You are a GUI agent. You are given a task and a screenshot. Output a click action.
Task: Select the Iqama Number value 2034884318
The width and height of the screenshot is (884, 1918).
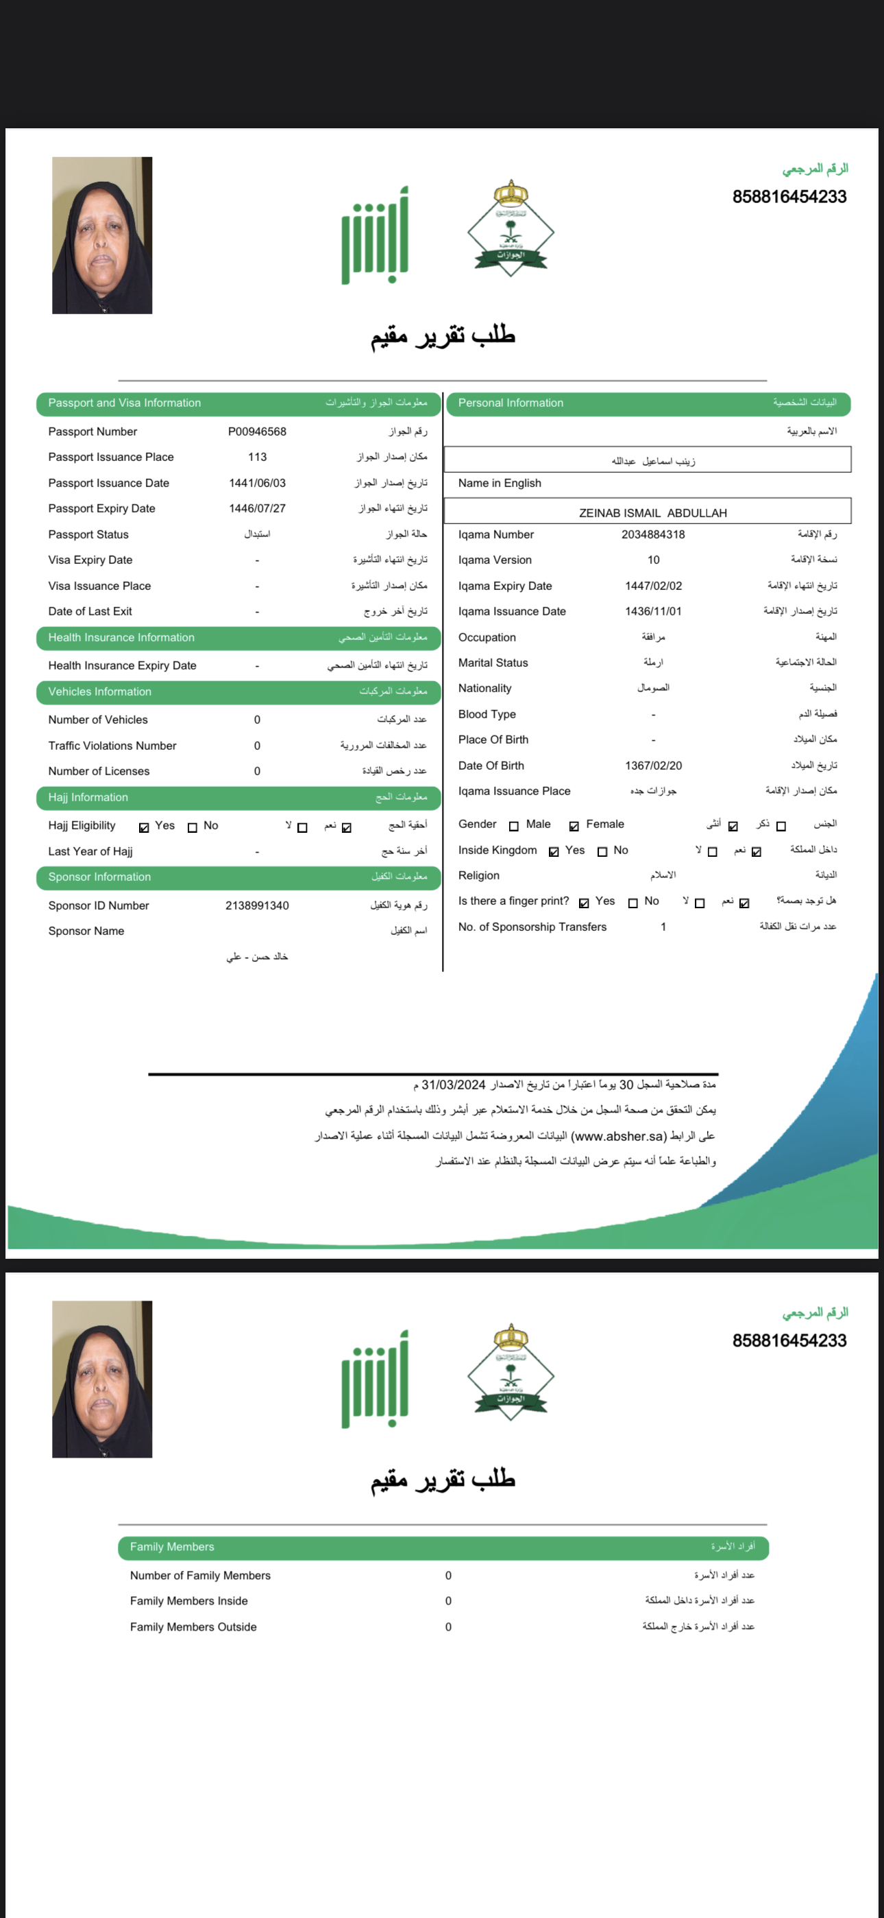[x=652, y=534]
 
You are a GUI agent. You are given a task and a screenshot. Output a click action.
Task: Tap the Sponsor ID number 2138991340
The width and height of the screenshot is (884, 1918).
[x=257, y=905]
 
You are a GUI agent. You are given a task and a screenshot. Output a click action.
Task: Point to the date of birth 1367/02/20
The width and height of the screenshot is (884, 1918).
[x=652, y=766]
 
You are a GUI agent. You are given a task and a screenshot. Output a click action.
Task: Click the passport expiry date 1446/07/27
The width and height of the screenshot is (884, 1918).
[x=257, y=508]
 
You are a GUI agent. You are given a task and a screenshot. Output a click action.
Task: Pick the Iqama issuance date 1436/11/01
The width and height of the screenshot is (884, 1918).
[x=652, y=611]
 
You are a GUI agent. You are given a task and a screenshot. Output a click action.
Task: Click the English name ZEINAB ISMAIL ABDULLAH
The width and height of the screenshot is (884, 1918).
[x=652, y=513]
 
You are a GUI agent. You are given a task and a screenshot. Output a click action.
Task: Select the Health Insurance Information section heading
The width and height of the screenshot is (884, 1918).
[x=121, y=637]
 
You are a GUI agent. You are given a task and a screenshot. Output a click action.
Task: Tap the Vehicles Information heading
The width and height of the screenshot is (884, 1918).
[x=100, y=691]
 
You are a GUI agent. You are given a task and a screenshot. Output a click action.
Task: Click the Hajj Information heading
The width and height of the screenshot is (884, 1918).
[x=88, y=797]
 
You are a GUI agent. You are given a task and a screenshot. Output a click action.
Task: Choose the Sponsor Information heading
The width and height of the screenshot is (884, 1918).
[x=100, y=877]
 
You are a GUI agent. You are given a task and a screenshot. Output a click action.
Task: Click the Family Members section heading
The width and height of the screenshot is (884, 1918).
[x=172, y=1546]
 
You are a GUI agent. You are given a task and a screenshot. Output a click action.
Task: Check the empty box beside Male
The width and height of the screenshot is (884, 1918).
[x=513, y=826]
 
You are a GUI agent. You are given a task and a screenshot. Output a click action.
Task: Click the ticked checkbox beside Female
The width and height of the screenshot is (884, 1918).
[x=574, y=826]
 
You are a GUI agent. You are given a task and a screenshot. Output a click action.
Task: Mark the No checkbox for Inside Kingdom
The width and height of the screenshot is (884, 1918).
[x=602, y=852]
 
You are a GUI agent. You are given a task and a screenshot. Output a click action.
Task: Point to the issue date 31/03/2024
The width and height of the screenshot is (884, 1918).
[x=453, y=1085]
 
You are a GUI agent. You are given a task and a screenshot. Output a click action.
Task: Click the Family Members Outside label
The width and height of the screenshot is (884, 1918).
[x=193, y=1627]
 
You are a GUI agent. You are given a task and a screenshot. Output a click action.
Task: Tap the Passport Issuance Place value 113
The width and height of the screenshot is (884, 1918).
[x=257, y=457]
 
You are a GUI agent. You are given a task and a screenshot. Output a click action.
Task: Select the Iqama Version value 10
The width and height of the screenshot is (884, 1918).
[x=652, y=560]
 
